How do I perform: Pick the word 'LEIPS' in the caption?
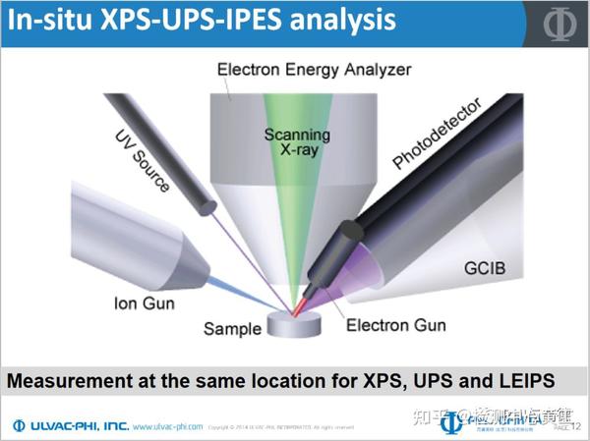click(517, 379)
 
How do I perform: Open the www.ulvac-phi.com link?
click(167, 427)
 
